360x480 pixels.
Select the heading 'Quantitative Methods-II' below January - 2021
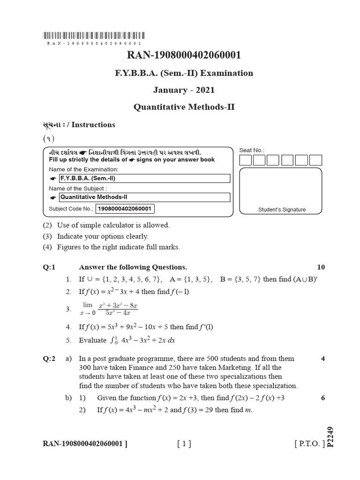(x=184, y=107)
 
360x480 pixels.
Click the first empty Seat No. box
(x=245, y=160)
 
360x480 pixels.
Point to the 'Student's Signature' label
(x=282, y=210)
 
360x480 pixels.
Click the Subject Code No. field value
(x=125, y=209)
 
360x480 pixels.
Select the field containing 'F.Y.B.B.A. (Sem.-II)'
(x=144, y=179)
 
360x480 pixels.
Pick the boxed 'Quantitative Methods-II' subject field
(x=144, y=197)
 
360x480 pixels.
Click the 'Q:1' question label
(x=49, y=267)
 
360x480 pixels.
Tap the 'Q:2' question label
(x=49, y=359)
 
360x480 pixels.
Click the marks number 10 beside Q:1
(x=321, y=267)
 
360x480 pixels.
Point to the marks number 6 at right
(x=323, y=398)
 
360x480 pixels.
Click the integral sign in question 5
(x=112, y=340)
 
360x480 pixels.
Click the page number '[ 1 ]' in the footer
(x=184, y=443)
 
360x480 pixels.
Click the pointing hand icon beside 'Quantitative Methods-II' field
(x=52, y=197)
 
